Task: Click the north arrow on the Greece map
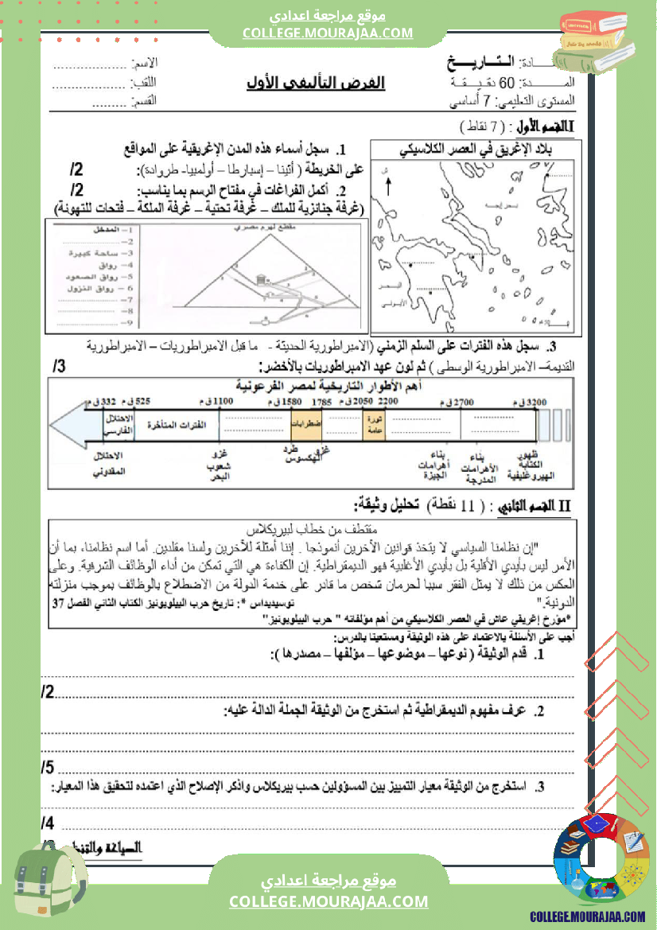tap(388, 188)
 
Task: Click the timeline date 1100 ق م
tap(223, 403)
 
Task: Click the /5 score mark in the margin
tap(47, 767)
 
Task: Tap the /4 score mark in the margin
tap(47, 823)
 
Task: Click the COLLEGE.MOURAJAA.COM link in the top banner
tap(328, 33)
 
